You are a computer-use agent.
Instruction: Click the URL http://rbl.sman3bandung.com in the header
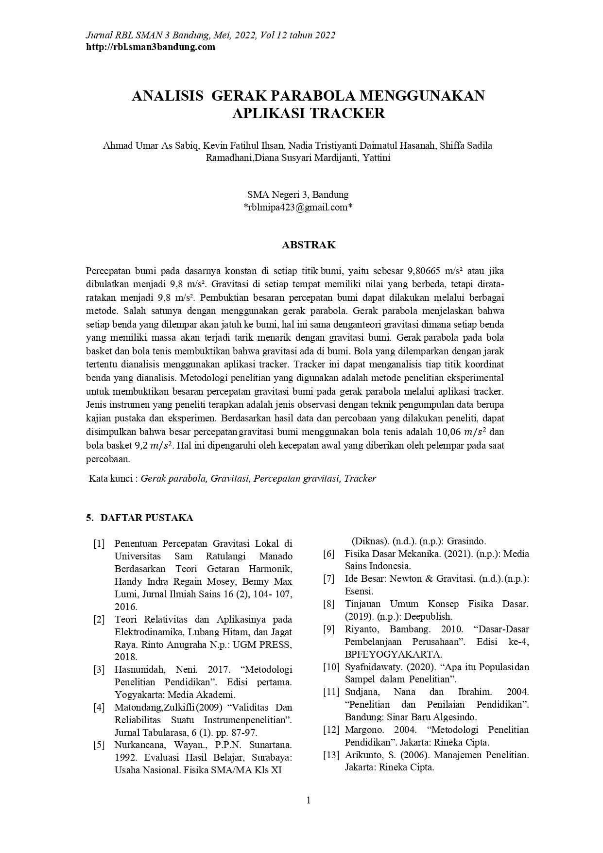tap(150, 47)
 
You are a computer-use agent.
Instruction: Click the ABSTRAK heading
tap(309, 245)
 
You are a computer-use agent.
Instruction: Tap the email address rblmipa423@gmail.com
tap(297, 207)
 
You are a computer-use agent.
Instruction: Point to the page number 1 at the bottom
tap(308, 801)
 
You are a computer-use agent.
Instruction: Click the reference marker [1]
tap(99, 543)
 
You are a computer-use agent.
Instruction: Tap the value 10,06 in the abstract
tap(448, 432)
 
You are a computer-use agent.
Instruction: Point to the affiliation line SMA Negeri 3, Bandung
tap(297, 194)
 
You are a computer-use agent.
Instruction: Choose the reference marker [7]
tap(329, 579)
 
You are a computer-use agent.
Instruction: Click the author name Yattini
tap(377, 157)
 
